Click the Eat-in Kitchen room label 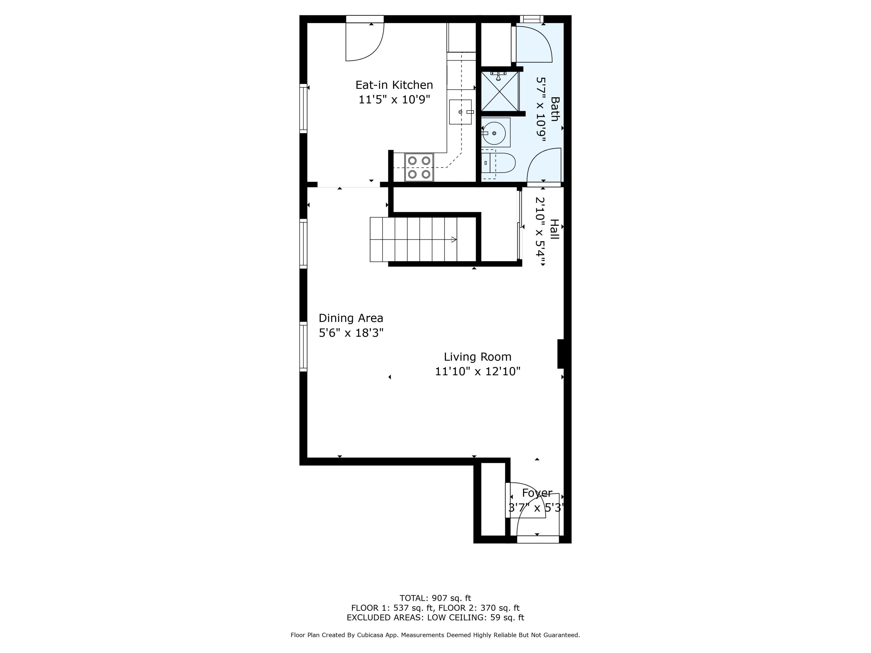394,85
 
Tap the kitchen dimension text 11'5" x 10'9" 394,100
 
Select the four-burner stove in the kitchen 419,167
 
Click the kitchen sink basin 460,112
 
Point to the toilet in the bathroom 498,163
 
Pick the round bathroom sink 494,134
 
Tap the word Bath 555,109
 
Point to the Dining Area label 351,318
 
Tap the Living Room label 478,357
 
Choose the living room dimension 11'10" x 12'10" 478,371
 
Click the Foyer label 537,493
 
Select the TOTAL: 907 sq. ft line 435,599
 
